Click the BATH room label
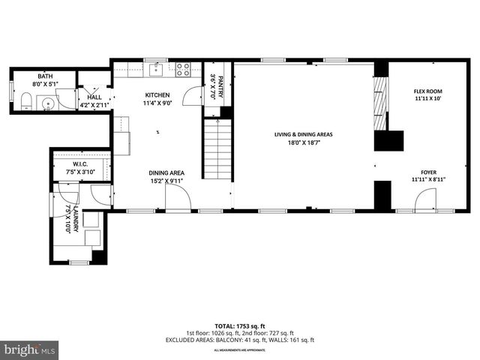[x=46, y=76]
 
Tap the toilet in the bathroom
[x=24, y=103]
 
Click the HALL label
[x=94, y=97]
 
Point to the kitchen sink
[x=157, y=70]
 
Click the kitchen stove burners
[x=182, y=70]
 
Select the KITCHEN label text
[x=157, y=95]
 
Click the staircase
[x=216, y=149]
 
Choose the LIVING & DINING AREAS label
[x=303, y=134]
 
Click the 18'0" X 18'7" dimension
[x=303, y=142]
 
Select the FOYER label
[x=427, y=172]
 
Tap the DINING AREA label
[x=166, y=172]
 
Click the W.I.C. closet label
[x=82, y=164]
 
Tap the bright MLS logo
[x=30, y=349]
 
